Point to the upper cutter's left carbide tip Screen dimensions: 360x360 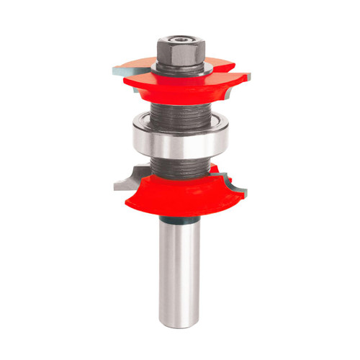point(117,73)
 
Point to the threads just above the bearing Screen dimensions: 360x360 point(179,115)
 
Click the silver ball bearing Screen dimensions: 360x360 point(179,143)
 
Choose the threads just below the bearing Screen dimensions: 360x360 point(179,167)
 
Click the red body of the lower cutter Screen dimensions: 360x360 point(180,198)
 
